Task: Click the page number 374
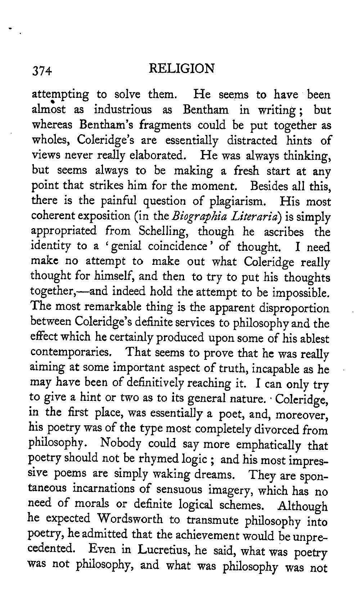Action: (42, 71)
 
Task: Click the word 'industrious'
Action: (122, 109)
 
